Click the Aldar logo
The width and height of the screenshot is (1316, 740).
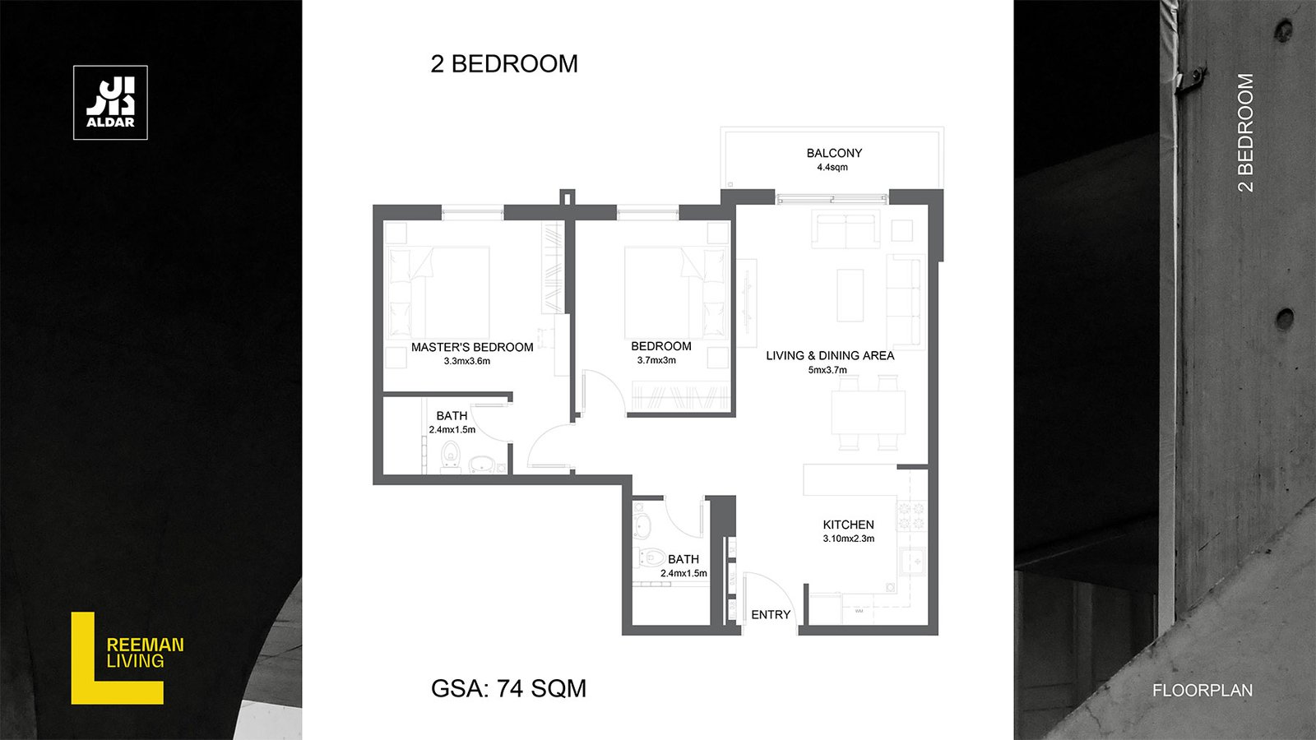coord(110,103)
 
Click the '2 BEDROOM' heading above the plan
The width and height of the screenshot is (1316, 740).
coord(504,64)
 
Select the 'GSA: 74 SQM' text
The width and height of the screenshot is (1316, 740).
coord(509,688)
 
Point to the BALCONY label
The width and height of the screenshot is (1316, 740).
coord(834,153)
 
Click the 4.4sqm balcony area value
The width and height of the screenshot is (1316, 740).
coord(832,168)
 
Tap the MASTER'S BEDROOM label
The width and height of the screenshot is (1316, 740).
coord(472,347)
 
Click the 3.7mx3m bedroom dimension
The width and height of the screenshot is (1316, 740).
coord(657,361)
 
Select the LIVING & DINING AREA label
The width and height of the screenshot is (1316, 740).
coord(830,355)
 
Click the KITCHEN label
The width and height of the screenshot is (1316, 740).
coord(848,525)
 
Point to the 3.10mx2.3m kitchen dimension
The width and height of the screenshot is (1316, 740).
coord(848,539)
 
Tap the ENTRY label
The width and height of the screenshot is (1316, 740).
coord(771,615)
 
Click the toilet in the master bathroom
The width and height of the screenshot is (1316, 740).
coord(451,457)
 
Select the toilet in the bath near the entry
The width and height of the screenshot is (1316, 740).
coord(650,557)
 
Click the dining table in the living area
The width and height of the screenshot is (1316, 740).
coord(868,412)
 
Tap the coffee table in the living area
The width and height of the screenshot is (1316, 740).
coord(850,295)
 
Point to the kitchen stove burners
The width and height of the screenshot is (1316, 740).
coord(911,516)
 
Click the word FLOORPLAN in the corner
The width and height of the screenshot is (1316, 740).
coord(1202,691)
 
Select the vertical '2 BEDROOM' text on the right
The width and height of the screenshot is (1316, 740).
coord(1245,132)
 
